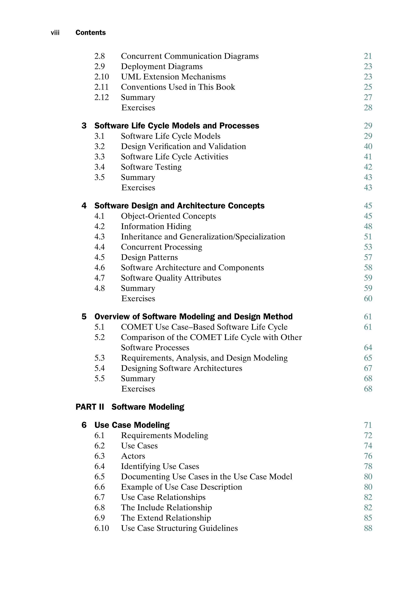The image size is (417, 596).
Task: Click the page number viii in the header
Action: (55, 33)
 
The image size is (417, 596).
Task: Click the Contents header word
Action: (91, 33)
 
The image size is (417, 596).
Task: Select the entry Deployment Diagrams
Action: (162, 66)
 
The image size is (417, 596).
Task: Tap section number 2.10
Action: (101, 77)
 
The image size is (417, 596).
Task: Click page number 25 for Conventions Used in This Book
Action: (368, 87)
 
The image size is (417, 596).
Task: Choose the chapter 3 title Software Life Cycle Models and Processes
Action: (177, 126)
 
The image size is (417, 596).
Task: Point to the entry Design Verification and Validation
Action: (183, 146)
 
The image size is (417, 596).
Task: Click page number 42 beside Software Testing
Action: (368, 167)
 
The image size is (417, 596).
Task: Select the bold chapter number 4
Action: (84, 206)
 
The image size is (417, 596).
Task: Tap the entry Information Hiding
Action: (156, 226)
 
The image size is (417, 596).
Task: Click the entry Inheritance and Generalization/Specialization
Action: (203, 237)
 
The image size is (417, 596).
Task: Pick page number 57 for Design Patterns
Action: (368, 257)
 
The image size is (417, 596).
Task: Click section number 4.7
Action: (99, 278)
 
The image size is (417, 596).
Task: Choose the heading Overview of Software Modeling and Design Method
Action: (193, 317)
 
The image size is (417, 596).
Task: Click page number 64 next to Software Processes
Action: (368, 347)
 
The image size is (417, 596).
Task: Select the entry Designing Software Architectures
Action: (181, 368)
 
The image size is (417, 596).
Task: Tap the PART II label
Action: (90, 407)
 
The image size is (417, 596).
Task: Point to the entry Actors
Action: (133, 456)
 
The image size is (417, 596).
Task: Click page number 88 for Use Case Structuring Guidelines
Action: (368, 528)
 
